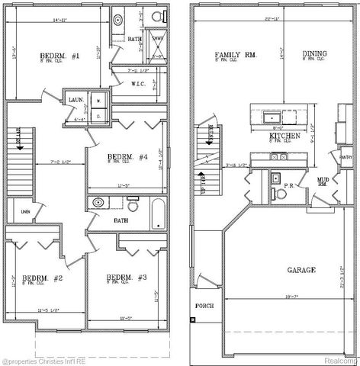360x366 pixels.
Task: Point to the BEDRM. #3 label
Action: click(121, 277)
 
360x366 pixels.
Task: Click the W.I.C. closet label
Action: click(138, 84)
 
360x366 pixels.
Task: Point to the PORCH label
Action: click(204, 306)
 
